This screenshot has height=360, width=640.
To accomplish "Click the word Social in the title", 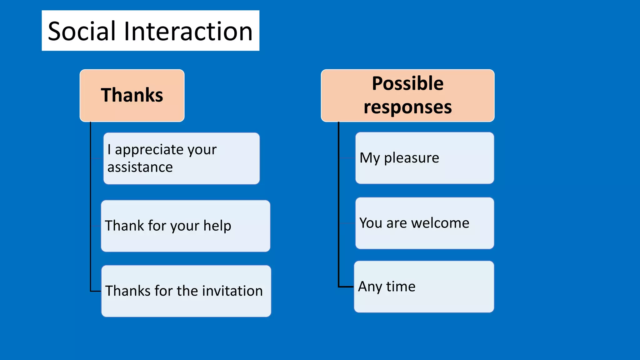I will click(x=82, y=31).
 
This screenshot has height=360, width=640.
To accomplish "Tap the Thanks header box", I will click(x=132, y=95).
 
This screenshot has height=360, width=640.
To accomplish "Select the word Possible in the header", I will click(x=407, y=84).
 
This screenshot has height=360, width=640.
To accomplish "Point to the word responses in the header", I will click(x=407, y=107).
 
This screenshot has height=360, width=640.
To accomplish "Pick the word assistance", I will click(x=140, y=167).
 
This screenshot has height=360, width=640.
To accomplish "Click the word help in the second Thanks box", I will click(x=217, y=226).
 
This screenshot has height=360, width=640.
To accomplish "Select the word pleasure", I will click(x=411, y=158).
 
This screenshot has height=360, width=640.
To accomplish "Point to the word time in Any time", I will click(x=401, y=287).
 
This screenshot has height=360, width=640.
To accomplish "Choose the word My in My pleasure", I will click(x=370, y=158).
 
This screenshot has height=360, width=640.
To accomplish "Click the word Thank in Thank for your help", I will click(x=124, y=226).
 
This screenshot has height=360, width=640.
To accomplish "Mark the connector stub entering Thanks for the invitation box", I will click(x=96, y=291).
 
